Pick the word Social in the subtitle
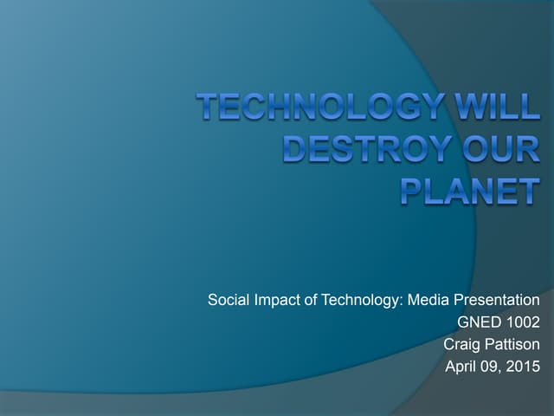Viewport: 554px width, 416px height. point(227,301)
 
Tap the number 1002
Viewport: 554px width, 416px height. point(522,323)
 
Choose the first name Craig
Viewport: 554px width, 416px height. point(461,345)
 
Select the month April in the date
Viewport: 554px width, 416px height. point(462,367)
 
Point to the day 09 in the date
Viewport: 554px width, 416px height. point(494,367)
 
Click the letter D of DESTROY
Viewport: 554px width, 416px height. point(298,148)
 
